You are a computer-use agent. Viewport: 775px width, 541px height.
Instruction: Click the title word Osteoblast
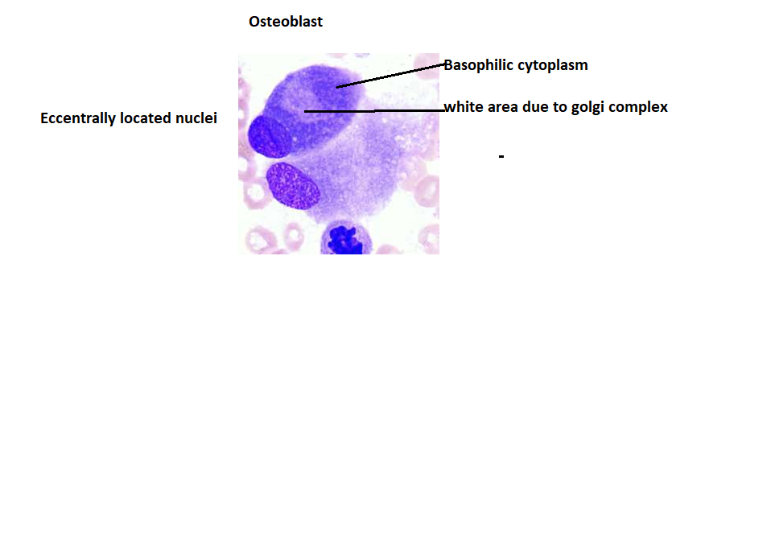click(x=286, y=22)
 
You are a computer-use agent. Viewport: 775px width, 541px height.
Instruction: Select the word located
click(x=146, y=118)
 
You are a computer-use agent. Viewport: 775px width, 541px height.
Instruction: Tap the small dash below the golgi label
click(x=501, y=156)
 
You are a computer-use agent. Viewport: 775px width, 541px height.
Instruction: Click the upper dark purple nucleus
click(x=270, y=135)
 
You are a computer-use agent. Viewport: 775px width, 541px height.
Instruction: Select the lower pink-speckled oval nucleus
click(x=293, y=184)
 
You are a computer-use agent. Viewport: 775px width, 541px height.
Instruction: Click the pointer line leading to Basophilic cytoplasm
click(x=390, y=75)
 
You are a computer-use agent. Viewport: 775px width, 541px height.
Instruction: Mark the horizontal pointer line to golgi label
click(x=374, y=110)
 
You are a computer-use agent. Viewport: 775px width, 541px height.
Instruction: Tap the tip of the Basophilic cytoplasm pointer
click(x=338, y=86)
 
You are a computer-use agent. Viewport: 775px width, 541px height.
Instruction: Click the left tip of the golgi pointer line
click(x=306, y=111)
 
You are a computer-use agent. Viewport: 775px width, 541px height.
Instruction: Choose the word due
click(x=534, y=106)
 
